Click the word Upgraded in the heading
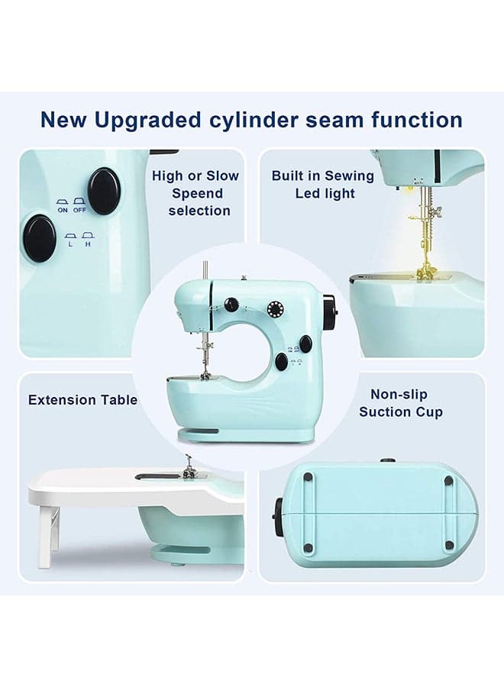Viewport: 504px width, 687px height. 147,121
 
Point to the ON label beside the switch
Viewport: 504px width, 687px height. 63,211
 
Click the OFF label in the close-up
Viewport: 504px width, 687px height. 79,211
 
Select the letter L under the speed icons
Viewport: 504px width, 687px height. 71,244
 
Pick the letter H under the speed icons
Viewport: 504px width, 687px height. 88,244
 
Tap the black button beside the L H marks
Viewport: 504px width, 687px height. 40,238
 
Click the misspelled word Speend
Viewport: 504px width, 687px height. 197,193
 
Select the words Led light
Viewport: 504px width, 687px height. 325,193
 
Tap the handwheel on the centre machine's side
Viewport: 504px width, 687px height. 330,311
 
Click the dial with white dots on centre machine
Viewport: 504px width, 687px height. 275,309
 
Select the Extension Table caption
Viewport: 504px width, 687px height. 82,400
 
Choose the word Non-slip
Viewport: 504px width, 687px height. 399,395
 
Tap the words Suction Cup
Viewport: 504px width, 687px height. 401,412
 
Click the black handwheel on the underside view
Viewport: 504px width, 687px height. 279,517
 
